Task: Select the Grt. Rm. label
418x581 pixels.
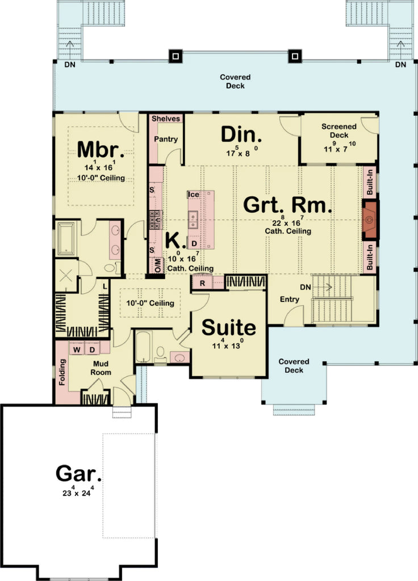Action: tap(287, 205)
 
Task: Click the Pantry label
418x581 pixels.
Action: tap(166, 139)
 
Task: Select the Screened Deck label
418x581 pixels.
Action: tap(339, 131)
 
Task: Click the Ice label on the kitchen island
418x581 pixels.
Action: tap(194, 195)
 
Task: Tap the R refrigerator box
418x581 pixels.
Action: tap(202, 282)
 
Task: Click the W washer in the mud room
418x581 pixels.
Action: tap(77, 349)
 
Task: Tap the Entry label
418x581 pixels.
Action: tap(290, 299)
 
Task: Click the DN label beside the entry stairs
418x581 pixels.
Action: tap(304, 288)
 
